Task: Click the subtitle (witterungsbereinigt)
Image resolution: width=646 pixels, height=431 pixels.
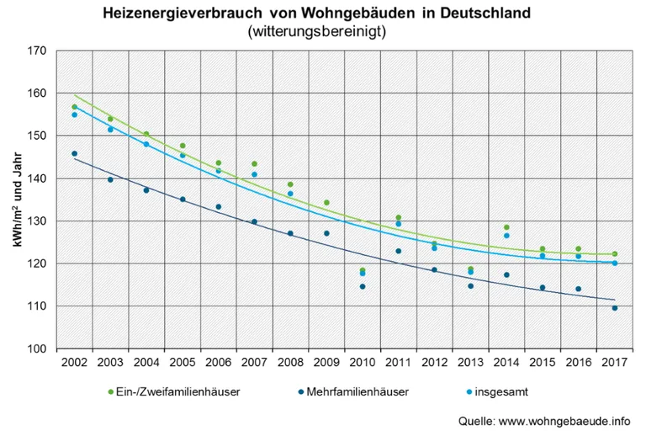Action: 317,32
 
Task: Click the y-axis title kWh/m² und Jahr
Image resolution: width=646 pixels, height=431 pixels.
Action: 16,200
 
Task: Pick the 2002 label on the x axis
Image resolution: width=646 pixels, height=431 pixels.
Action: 74,364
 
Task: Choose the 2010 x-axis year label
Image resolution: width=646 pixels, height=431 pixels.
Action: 363,364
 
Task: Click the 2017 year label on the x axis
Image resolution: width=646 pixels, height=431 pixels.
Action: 615,364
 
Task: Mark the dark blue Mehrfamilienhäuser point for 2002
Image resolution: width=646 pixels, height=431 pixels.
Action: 74,154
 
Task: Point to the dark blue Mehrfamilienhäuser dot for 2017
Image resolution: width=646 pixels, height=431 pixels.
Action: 615,308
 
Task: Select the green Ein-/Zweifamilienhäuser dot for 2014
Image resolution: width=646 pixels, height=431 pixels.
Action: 506,227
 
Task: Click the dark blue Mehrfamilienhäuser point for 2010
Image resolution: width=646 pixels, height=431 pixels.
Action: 363,286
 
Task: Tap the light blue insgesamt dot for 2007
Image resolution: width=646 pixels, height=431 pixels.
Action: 254,174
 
